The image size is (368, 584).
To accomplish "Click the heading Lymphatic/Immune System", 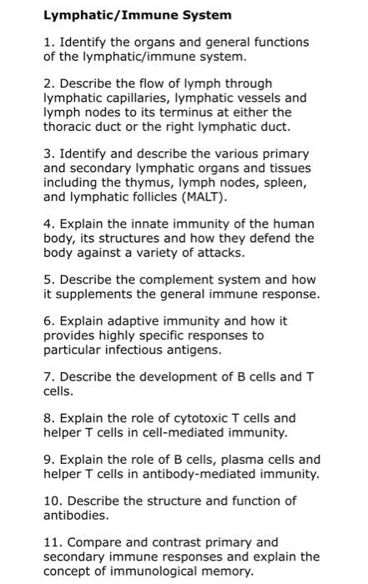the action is coord(137,15).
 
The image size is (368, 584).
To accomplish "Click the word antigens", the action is coord(171,349).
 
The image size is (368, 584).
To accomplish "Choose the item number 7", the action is coord(48,376).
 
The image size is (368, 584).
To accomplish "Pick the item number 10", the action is coord(53,501).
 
